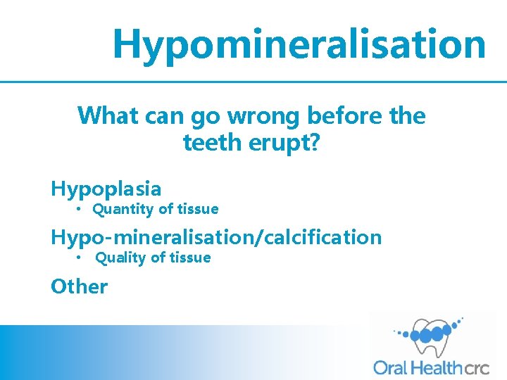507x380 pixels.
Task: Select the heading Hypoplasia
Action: (106, 189)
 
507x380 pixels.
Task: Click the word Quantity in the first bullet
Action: (123, 209)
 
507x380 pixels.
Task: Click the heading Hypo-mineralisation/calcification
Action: (216, 238)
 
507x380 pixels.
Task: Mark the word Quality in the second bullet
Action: (121, 258)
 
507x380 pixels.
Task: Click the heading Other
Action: (80, 286)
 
